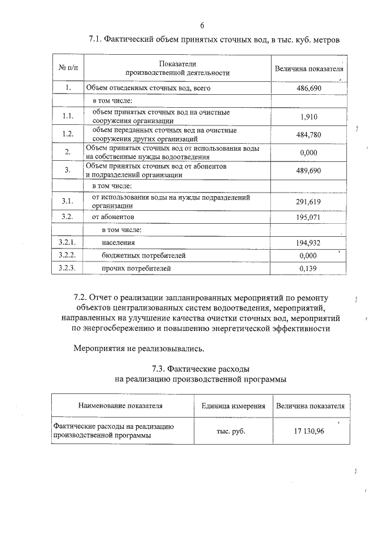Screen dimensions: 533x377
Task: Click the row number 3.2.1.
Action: [x=68, y=243]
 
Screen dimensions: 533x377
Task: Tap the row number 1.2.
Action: [x=68, y=134]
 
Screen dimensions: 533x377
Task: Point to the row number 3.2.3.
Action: [x=68, y=269]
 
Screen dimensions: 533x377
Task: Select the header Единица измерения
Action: [x=233, y=406]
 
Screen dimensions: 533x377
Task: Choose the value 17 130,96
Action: [x=310, y=431]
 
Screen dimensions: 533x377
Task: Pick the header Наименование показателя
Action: [x=121, y=406]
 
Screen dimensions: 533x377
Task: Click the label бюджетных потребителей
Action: [x=144, y=256]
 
